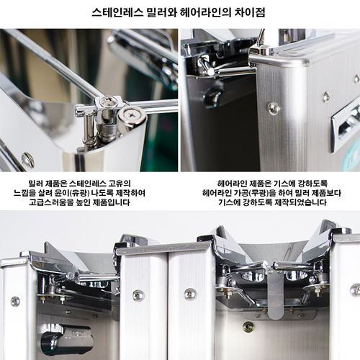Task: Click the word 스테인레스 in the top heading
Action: pyautogui.click(x=117, y=12)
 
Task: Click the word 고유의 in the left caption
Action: pyautogui.click(x=120, y=184)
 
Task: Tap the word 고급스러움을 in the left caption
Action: pyautogui.click(x=51, y=202)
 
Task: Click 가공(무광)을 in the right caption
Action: pyautogui.click(x=255, y=193)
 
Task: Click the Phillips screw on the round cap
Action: pyautogui.click(x=131, y=114)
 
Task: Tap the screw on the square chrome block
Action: pyautogui.click(x=108, y=99)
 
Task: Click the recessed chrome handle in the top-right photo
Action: pyautogui.click(x=345, y=129)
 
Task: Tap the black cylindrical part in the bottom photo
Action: pyautogui.click(x=66, y=340)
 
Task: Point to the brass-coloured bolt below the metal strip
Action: pyautogui.click(x=247, y=326)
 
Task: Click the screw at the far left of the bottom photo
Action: pyautogui.click(x=15, y=301)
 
